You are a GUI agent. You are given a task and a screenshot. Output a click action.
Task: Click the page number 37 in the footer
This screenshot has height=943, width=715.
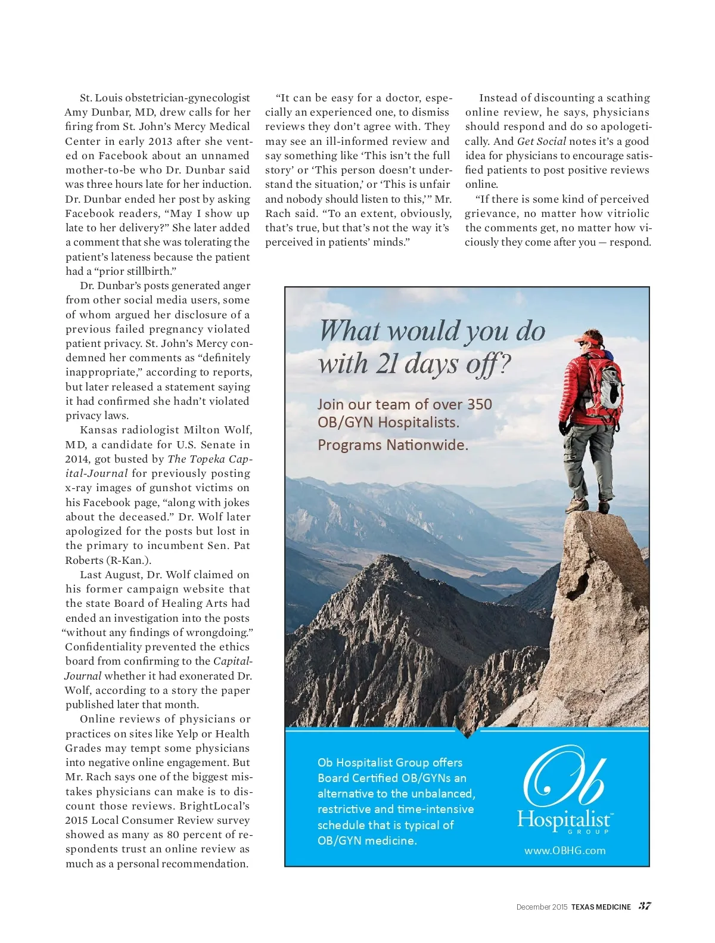645,906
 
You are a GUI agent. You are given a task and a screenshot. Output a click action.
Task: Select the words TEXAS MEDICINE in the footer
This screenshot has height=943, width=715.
601,907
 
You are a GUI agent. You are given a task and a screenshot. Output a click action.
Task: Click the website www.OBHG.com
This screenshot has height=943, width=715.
565,851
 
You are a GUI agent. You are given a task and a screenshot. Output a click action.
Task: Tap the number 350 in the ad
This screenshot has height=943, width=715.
480,404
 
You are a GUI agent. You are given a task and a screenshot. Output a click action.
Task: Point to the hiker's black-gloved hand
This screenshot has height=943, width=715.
564,427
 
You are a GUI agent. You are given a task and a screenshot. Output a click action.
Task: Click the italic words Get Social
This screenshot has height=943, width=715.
541,141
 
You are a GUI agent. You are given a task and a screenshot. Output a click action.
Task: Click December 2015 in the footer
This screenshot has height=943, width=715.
542,907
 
